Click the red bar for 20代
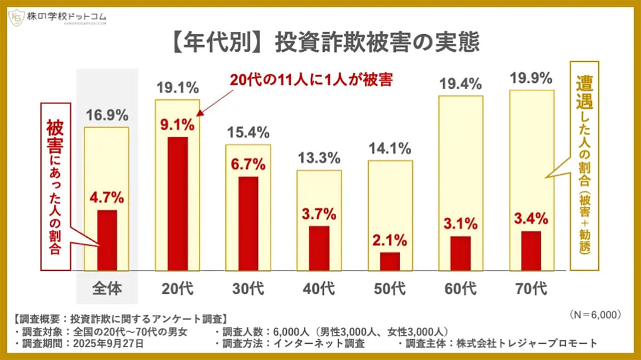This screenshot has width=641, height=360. coord(177,204)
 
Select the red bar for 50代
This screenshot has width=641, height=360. coord(390,261)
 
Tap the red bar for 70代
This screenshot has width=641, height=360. coord(531,251)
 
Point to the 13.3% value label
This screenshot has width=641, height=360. coord(319,159)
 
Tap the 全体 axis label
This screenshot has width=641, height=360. coord(107,289)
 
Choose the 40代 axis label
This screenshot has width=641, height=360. coord(319,289)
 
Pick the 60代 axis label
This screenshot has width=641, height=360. coord(460,289)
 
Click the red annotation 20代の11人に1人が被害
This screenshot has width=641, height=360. coord(311,80)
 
